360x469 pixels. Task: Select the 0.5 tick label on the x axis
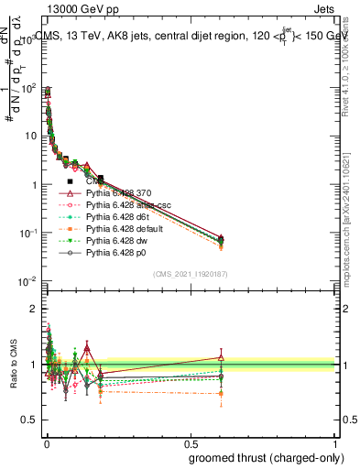click(190, 444)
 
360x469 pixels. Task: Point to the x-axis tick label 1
click(335, 444)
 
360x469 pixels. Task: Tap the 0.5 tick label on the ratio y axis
click(30, 421)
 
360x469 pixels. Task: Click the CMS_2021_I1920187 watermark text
click(190, 273)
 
